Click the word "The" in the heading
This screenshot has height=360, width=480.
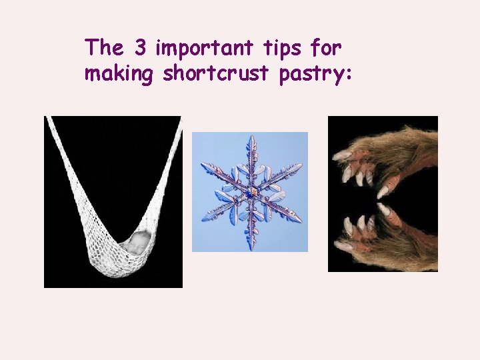[103, 47]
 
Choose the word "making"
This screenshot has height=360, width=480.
[119, 75]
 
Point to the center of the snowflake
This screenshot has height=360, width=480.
[251, 193]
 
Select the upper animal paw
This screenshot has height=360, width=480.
[387, 160]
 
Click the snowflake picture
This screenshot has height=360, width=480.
[250, 192]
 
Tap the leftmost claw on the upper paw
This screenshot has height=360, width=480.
[341, 155]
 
